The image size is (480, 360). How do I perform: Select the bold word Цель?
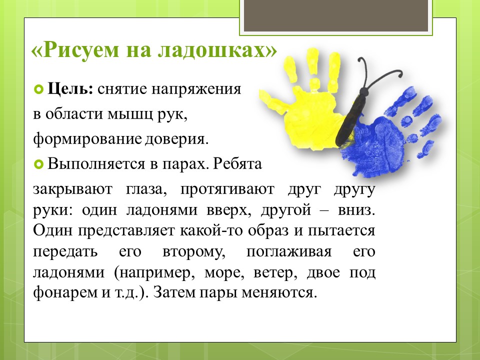pos(70,89)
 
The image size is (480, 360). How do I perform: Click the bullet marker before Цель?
pos(38,89)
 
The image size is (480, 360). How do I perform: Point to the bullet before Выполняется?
pos(38,164)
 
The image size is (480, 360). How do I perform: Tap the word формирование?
pos(87,139)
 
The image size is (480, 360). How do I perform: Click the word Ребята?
pos(237,164)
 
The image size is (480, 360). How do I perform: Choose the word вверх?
pos(228,210)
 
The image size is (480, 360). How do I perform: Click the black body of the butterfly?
pos(351,119)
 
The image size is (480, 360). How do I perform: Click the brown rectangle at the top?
pos(336,15)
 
